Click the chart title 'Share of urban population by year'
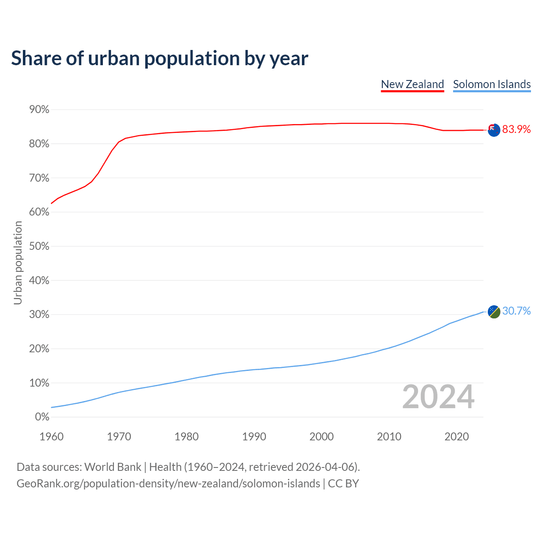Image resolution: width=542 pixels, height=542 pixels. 160,58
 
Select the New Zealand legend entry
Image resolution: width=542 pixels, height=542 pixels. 412,84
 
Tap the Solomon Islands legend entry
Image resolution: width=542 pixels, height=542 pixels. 492,84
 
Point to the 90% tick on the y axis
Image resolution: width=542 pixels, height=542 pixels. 39,110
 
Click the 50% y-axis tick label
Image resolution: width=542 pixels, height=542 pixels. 39,246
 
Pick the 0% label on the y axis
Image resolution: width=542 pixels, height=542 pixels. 42,417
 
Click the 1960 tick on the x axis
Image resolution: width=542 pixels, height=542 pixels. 51,437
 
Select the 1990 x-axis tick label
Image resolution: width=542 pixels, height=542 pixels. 254,437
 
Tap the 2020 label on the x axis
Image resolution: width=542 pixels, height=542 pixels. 456,437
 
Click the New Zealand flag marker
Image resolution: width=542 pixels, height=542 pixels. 494,130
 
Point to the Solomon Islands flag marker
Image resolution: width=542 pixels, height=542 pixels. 494,312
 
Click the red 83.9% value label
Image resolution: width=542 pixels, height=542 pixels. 516,130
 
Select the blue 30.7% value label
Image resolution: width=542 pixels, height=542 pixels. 516,311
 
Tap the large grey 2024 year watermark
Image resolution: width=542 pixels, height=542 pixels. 438,397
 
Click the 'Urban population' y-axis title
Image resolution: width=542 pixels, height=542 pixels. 18,263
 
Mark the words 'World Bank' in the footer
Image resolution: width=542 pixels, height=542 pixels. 113,467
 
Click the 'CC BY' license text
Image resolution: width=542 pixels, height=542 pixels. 343,484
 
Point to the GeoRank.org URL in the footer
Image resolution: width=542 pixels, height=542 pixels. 168,484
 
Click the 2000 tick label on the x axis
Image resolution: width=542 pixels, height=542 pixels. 321,437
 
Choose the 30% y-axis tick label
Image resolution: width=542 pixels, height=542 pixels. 39,315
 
